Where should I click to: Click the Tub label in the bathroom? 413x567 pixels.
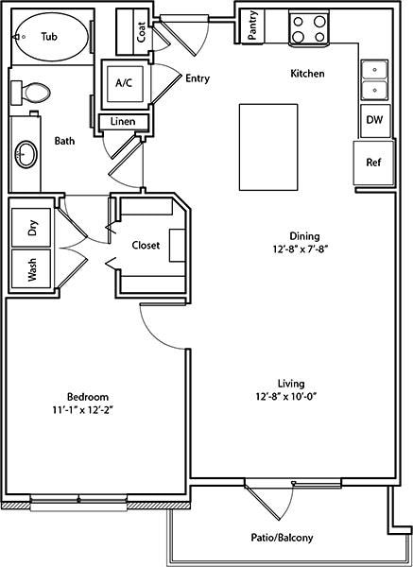(x=49, y=37)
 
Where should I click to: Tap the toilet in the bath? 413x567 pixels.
(x=30, y=93)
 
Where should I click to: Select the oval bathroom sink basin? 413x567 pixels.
(x=26, y=154)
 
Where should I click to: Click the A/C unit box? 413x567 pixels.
(x=124, y=84)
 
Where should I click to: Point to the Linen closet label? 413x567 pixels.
(x=123, y=122)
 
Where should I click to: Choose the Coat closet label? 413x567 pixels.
(x=142, y=32)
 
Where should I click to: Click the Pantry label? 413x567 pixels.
(x=252, y=25)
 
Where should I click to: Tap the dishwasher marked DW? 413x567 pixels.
(x=375, y=121)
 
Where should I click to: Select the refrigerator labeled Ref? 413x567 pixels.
(x=373, y=163)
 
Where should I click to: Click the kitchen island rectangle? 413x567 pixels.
(x=268, y=146)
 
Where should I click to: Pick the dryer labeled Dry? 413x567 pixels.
(x=31, y=228)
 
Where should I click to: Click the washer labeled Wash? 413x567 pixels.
(x=31, y=268)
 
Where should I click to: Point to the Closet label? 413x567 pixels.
(x=146, y=246)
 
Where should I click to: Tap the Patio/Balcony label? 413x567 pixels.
(x=282, y=538)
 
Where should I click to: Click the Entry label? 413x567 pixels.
(x=198, y=78)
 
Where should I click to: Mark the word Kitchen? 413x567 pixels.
(x=308, y=74)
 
